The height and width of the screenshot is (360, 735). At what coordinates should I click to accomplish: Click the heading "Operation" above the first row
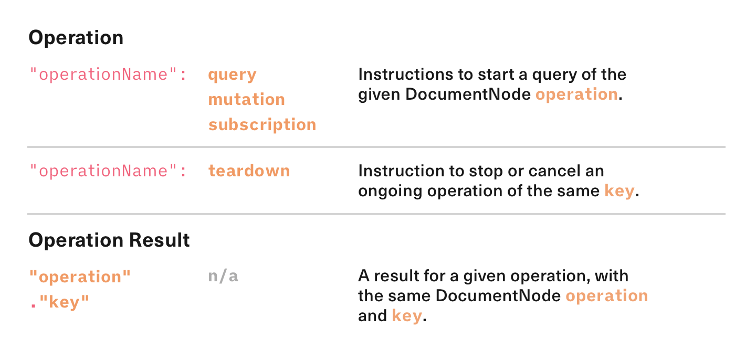coord(76,38)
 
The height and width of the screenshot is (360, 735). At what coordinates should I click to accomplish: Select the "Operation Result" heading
coord(109,240)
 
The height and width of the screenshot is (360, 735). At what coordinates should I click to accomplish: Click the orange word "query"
coord(232,75)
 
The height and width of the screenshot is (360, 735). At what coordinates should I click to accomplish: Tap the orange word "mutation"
coord(246,99)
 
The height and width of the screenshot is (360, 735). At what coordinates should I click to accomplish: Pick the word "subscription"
coord(262,124)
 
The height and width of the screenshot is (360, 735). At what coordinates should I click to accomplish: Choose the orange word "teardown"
coord(249,171)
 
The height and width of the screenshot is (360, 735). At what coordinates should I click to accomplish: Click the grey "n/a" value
coord(223,276)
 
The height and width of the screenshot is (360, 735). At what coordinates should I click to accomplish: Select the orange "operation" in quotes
coord(80,277)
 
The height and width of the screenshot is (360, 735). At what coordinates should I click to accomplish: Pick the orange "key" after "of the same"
coord(619,191)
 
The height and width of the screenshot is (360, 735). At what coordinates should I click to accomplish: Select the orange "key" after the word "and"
coord(406,316)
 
